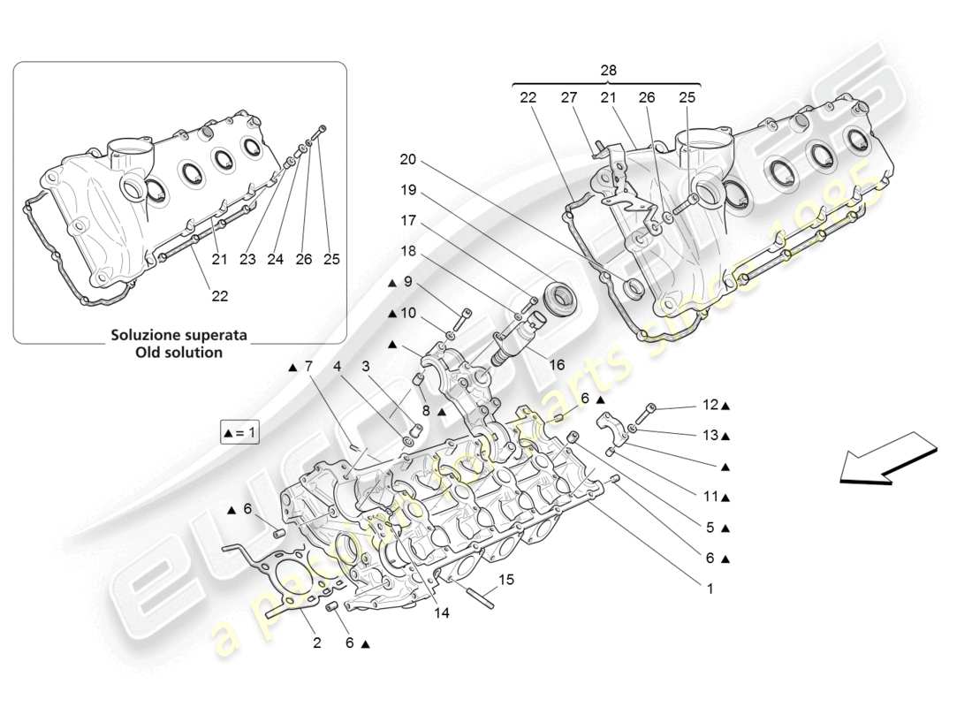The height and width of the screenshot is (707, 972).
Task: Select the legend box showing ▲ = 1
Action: pos(239,433)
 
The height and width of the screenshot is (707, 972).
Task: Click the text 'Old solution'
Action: pos(178,352)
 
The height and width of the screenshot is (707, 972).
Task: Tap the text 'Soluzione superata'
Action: pos(178,336)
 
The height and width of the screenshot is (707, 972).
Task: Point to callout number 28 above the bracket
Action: pos(608,70)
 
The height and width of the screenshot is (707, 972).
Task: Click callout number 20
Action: pos(407,160)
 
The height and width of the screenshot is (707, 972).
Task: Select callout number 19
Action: pos(407,190)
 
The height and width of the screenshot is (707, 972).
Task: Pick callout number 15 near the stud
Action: pos(505,580)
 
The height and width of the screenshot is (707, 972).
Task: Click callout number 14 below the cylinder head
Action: pos(441,612)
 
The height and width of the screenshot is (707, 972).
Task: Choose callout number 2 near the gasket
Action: pos(316,642)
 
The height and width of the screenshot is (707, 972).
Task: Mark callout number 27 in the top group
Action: pos(568,100)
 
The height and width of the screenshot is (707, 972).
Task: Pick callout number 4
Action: pos(338,366)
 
